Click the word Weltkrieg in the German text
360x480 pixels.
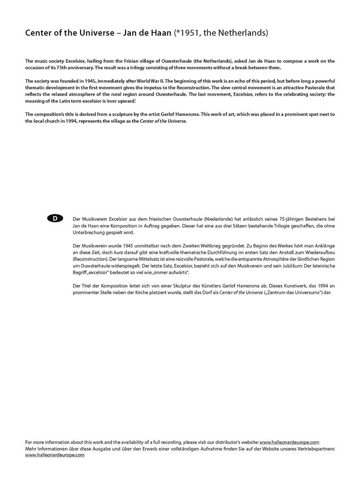210,246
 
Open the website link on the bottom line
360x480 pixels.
55,455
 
